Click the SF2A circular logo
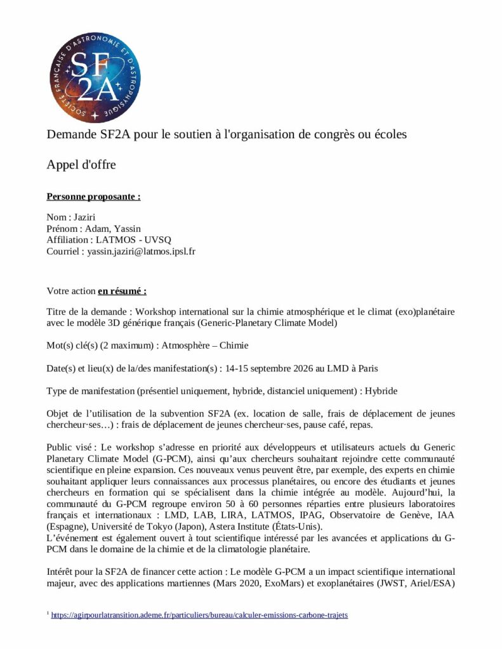click(x=93, y=78)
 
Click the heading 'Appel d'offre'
click(x=81, y=165)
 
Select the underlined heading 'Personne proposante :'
click(x=93, y=196)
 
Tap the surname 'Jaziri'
click(x=86, y=217)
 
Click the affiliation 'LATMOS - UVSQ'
click(x=133, y=240)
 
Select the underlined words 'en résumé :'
click(x=122, y=291)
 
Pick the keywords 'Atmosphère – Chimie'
click(x=205, y=345)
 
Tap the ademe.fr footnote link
click(x=199, y=615)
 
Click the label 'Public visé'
click(x=69, y=447)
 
